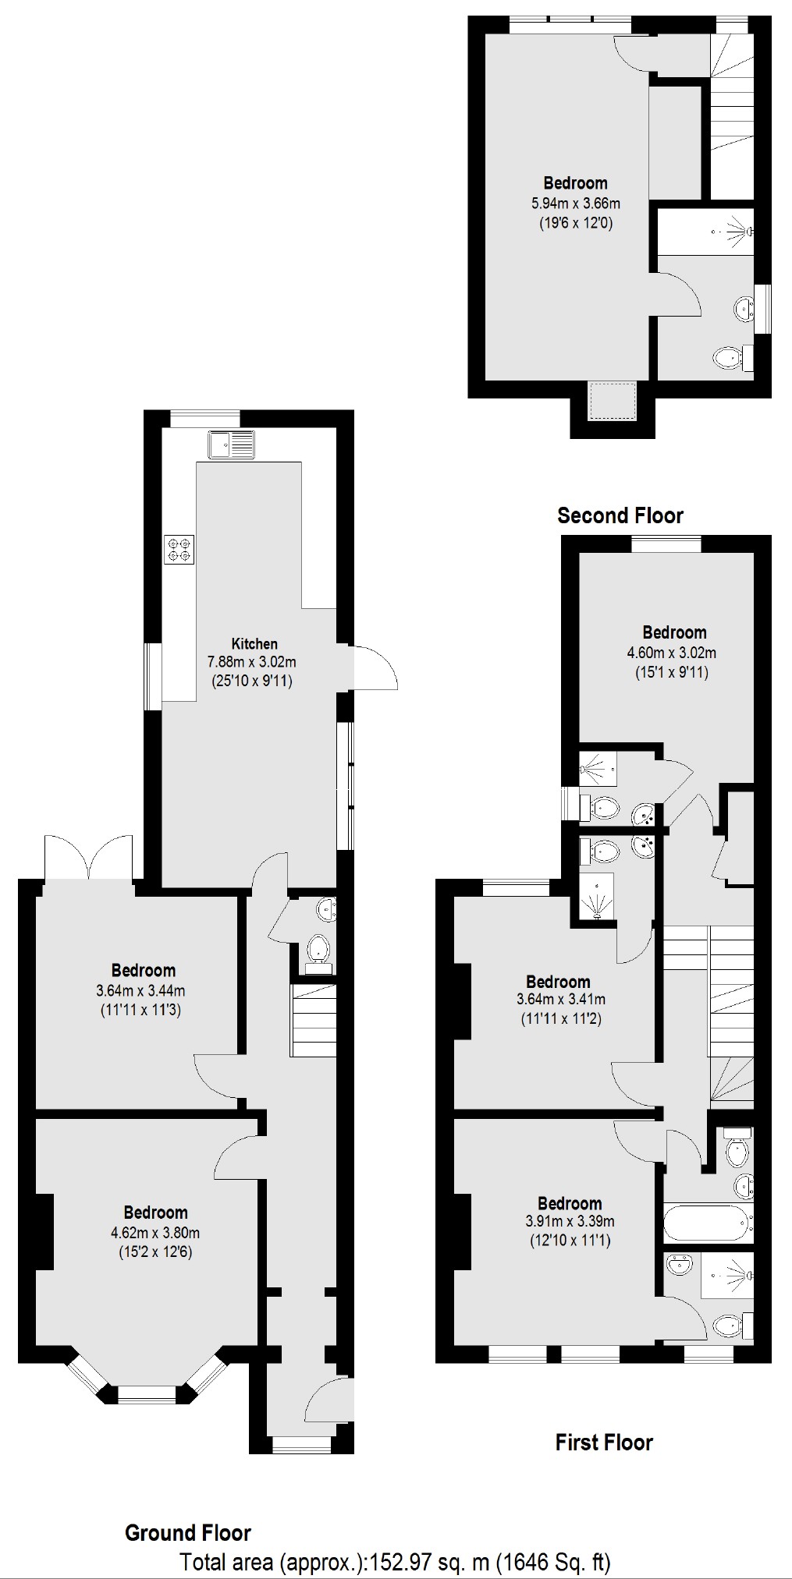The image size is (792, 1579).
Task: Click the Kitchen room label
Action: coord(254,644)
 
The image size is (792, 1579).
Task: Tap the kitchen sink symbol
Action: coord(231,445)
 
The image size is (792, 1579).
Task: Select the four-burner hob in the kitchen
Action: coord(179,548)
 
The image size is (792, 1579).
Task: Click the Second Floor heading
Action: coord(620,515)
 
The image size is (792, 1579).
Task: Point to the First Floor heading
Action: coord(603,1442)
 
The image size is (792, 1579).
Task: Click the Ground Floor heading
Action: coord(187,1532)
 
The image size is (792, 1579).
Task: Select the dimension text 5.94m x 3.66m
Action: coord(575,204)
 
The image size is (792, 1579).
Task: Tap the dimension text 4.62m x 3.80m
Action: coord(155,1233)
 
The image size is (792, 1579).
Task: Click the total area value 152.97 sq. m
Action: coord(430,1562)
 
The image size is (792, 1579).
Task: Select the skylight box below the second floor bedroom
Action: coord(613,400)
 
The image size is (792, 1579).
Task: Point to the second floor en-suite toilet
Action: coord(730,359)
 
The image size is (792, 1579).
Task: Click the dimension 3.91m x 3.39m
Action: coord(569,1222)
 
